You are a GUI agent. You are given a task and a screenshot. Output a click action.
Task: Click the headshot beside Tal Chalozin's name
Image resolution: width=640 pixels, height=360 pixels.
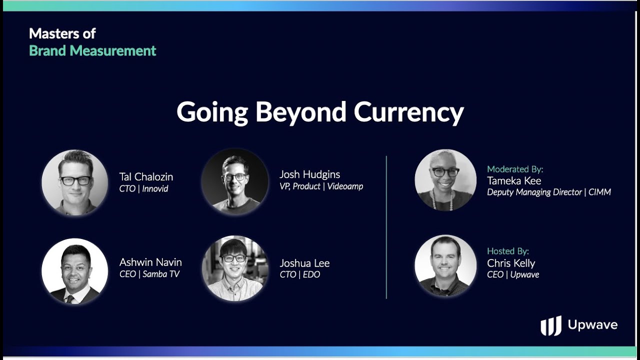[x=75, y=182]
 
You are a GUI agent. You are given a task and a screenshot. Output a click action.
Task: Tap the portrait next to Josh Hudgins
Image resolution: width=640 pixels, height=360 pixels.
[x=235, y=181]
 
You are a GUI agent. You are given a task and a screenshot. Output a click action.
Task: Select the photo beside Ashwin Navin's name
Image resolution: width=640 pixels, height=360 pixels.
[x=75, y=271]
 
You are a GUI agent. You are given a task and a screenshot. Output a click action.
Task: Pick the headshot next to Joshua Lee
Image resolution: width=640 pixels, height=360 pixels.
[x=235, y=268]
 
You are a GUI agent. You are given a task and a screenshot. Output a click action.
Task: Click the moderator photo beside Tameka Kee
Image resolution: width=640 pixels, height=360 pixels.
[x=445, y=180]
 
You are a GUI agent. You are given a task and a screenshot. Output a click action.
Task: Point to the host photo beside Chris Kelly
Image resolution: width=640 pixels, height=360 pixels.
[x=445, y=265]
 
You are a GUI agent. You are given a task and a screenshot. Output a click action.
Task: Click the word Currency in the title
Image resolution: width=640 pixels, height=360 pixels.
[x=409, y=112]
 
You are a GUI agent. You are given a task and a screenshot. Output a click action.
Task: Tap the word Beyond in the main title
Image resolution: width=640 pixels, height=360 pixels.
[x=301, y=112]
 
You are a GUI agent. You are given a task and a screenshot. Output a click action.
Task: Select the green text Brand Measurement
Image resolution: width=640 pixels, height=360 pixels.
[x=92, y=51]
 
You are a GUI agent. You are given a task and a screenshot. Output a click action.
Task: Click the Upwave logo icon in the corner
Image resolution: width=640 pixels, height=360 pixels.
[x=551, y=325]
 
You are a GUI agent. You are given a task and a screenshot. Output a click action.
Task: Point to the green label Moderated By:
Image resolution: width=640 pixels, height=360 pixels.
[x=515, y=169]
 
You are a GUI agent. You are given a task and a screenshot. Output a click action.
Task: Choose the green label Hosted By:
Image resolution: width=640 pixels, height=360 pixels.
[x=508, y=251]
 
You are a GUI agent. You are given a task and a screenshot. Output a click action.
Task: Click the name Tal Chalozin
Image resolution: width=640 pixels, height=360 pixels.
[x=146, y=177]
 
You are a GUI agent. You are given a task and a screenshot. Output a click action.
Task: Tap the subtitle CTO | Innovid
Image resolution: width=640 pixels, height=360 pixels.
[x=143, y=189]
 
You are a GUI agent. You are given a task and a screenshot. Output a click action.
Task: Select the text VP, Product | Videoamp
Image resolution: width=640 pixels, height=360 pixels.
[x=321, y=186]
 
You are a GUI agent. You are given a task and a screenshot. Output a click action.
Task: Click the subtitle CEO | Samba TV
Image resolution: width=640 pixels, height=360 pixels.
[x=149, y=274]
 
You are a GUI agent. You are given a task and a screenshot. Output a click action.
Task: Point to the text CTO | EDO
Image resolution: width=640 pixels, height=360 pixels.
[x=299, y=274]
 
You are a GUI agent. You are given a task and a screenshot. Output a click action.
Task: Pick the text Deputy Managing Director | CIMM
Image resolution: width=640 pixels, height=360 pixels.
[x=549, y=192]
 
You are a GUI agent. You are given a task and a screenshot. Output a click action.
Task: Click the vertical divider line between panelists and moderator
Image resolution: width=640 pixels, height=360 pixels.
[x=386, y=227]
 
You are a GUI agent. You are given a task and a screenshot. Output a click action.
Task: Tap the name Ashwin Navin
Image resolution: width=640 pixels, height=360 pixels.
[x=150, y=262]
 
